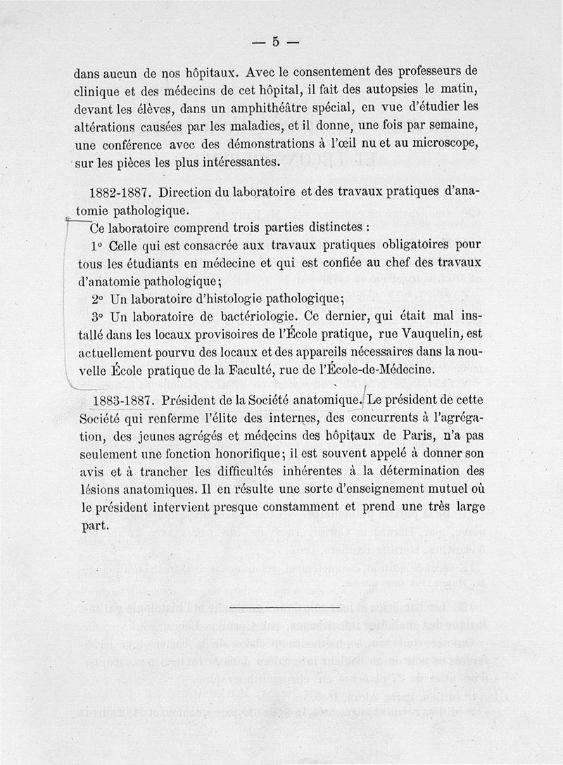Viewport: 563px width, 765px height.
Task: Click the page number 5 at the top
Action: (276, 42)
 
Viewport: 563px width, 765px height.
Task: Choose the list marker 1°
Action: (97, 245)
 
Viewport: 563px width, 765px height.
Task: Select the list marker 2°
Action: (97, 297)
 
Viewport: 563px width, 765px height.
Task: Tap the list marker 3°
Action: (97, 315)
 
